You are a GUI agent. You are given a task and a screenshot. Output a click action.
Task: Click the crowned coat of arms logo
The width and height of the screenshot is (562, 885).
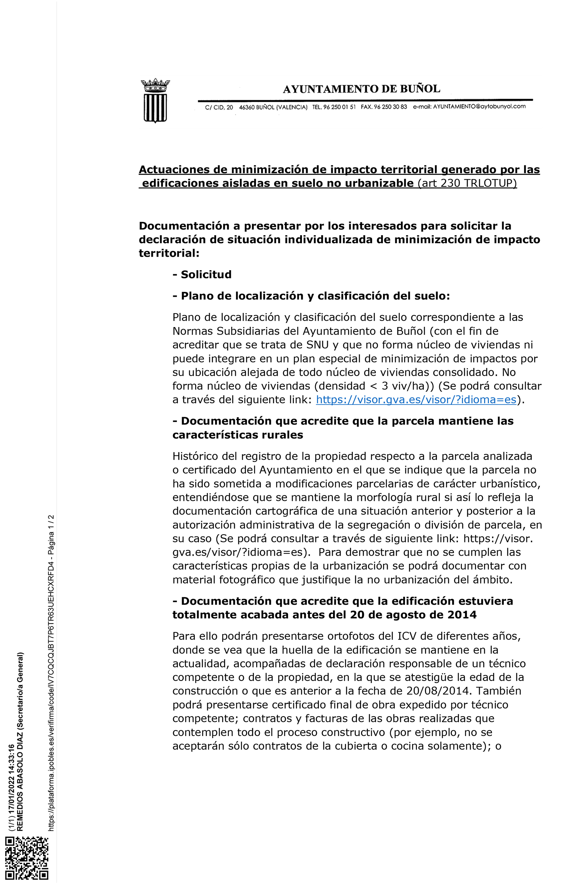pyautogui.click(x=155, y=101)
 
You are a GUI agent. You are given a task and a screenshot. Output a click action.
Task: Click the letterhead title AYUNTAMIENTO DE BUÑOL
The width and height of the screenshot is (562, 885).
pyautogui.click(x=361, y=89)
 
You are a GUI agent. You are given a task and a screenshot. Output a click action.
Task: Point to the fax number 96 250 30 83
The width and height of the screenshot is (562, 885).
pyautogui.click(x=390, y=107)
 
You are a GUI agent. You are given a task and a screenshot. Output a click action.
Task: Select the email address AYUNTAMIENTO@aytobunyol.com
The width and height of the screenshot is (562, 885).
pyautogui.click(x=479, y=107)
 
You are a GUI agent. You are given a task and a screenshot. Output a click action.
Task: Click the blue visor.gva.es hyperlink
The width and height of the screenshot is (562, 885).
pyautogui.click(x=416, y=400)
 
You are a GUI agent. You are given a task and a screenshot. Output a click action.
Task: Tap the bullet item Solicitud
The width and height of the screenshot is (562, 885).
pyautogui.click(x=206, y=275)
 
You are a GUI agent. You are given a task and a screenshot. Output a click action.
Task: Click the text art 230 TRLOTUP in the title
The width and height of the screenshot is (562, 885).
pyautogui.click(x=467, y=183)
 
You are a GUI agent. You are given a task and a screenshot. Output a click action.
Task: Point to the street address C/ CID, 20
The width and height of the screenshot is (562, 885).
pyautogui.click(x=219, y=108)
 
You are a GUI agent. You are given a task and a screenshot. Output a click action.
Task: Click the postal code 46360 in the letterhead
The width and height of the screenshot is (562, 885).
pyautogui.click(x=247, y=108)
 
